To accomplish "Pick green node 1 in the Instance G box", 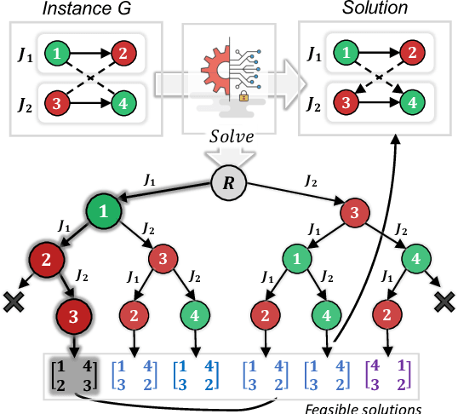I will [x=56, y=55].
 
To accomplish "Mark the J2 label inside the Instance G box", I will [x=26, y=106].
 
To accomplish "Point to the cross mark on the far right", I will [x=444, y=299].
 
